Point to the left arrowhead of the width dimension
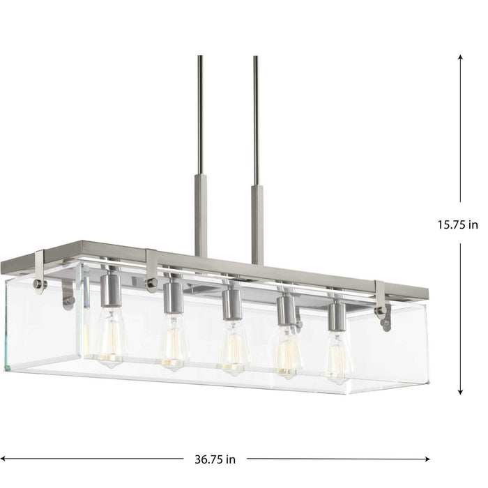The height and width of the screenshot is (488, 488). tap(6, 459)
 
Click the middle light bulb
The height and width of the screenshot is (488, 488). tap(234, 347)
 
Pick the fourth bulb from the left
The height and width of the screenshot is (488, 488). tap(288, 352)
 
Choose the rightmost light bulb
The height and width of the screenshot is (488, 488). tap(338, 356)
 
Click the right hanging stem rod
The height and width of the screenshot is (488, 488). tap(256, 119)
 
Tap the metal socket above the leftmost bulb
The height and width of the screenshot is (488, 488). tap(109, 284)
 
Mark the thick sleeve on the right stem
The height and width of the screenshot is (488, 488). tap(257, 223)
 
